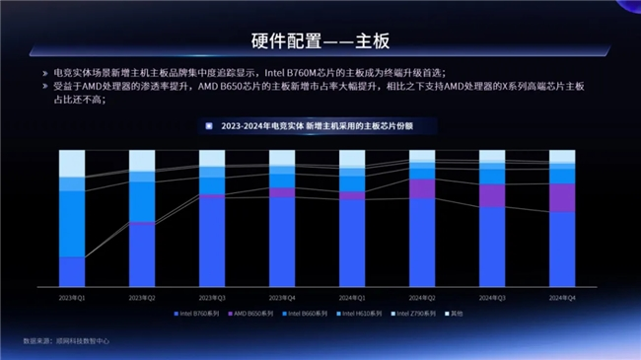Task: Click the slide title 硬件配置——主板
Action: pos(320,40)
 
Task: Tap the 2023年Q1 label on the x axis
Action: pos(72,296)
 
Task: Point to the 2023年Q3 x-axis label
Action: pos(212,296)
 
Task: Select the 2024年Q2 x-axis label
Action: pos(422,296)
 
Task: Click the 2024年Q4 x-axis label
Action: pos(562,296)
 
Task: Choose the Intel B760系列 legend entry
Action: pos(196,313)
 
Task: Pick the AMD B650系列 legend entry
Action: pos(250,313)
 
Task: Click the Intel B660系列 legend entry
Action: pos(305,313)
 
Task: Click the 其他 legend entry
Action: pos(456,313)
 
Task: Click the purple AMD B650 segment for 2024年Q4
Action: pos(562,197)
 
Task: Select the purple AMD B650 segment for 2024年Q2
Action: pos(422,187)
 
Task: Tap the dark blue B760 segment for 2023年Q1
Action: pos(72,271)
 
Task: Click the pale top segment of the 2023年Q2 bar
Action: pos(142,161)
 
